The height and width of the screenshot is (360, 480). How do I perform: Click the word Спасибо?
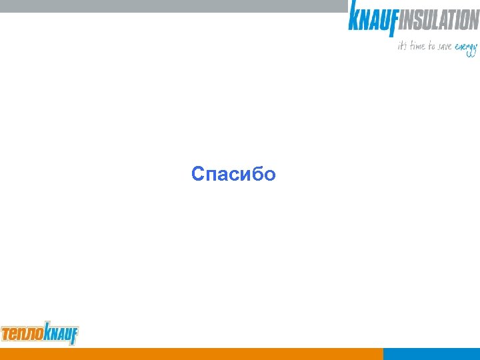(x=233, y=175)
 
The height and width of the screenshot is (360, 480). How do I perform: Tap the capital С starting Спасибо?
(x=198, y=175)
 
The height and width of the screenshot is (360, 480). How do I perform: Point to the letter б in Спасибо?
(x=257, y=174)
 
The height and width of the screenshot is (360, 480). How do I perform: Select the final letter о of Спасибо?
(x=269, y=176)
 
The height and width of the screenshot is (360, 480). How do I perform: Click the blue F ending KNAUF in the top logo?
(x=393, y=24)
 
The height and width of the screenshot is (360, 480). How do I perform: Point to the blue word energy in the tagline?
(x=466, y=48)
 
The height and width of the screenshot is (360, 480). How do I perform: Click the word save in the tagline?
(x=443, y=47)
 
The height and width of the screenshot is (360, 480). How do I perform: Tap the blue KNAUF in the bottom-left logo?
(x=60, y=332)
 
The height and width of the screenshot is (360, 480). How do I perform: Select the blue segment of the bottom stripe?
(x=431, y=354)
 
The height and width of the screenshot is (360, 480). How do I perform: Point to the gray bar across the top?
(x=173, y=5)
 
